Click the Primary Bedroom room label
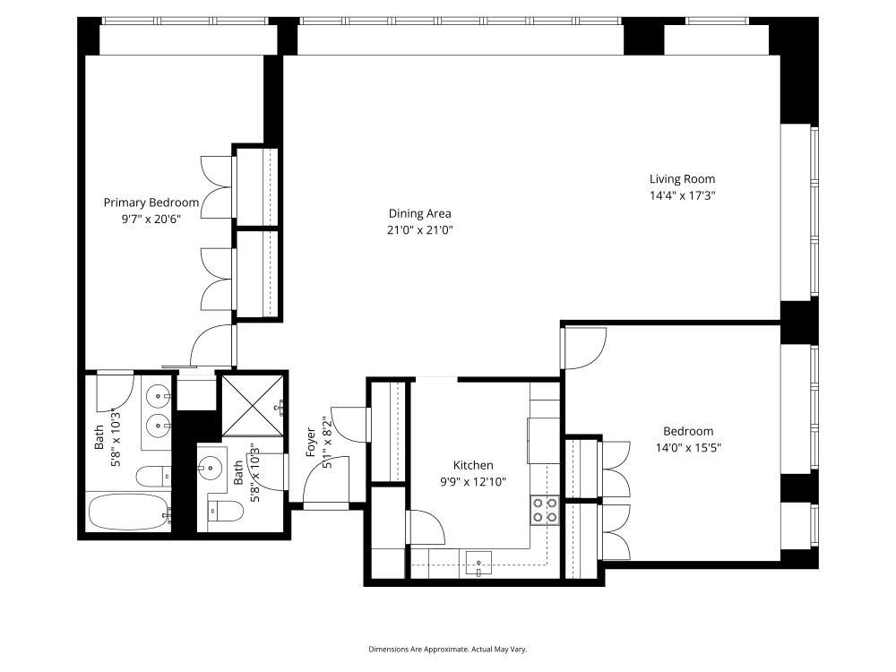click(x=151, y=202)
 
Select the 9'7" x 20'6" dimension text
click(x=151, y=219)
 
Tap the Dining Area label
click(x=419, y=213)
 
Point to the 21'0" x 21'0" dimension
click(x=419, y=229)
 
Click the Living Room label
click(x=682, y=179)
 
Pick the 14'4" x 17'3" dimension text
click(x=682, y=195)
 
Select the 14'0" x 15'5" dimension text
click(x=688, y=447)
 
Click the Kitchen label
click(x=472, y=465)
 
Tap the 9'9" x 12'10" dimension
click(x=472, y=481)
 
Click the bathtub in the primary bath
click(x=129, y=513)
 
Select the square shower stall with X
click(x=252, y=406)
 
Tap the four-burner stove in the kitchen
click(x=545, y=510)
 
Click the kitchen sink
click(x=479, y=563)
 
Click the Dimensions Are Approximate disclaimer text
click(x=454, y=649)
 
